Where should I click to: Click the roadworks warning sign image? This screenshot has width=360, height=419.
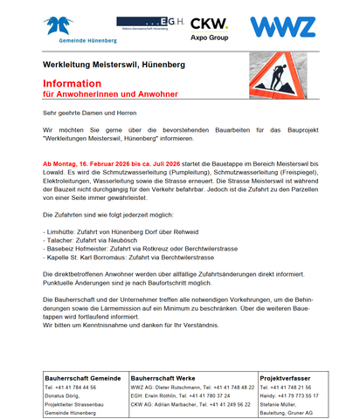[x=280, y=77]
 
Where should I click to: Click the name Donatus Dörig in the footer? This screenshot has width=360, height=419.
[x=65, y=395]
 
